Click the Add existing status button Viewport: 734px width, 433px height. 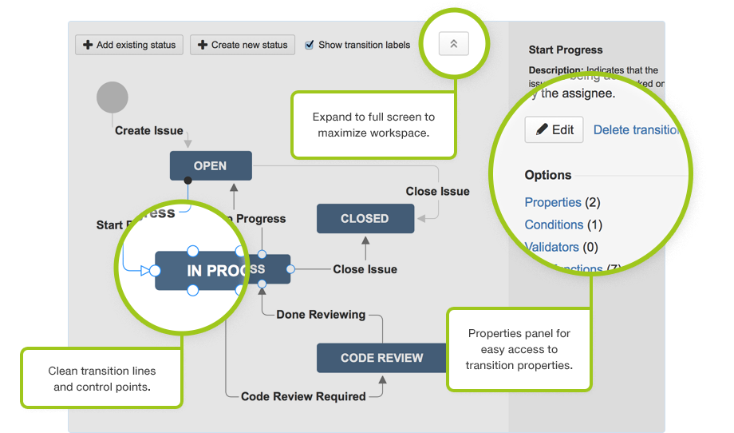click(x=129, y=45)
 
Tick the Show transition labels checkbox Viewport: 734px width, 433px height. click(x=310, y=45)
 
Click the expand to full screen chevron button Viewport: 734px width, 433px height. click(x=453, y=45)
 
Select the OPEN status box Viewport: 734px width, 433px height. click(x=211, y=166)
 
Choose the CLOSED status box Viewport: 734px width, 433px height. click(x=365, y=219)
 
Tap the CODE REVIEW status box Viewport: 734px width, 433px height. click(x=381, y=358)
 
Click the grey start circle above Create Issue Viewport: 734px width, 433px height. click(x=112, y=97)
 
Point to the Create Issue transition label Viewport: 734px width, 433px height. click(x=149, y=130)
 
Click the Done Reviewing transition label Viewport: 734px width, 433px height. click(x=321, y=315)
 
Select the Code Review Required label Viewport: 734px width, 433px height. click(x=303, y=396)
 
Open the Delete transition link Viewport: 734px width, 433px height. click(x=636, y=129)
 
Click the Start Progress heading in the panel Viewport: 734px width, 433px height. click(x=566, y=50)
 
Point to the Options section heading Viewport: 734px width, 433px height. click(x=548, y=175)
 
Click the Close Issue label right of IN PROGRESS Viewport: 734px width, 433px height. click(x=365, y=269)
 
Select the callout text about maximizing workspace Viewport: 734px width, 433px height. click(x=373, y=124)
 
